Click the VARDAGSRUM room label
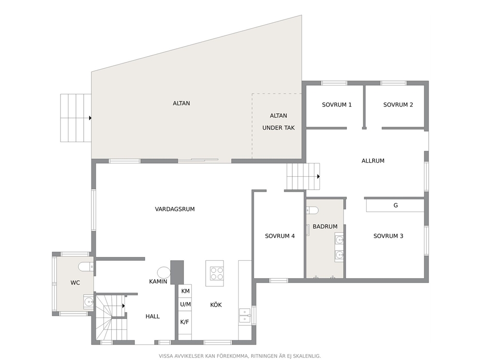(x=175, y=209)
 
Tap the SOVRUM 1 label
(x=337, y=105)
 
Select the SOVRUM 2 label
(x=398, y=105)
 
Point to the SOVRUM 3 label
(x=388, y=236)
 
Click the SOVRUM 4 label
(x=280, y=236)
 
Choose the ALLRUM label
(x=373, y=161)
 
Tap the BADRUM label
(x=325, y=226)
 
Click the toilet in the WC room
(x=86, y=267)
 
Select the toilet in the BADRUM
(x=312, y=210)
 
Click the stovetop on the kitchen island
(x=217, y=273)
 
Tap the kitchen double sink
(x=245, y=315)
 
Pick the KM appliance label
(x=185, y=291)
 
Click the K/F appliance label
(x=184, y=322)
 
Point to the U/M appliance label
(x=185, y=304)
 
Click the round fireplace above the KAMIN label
(x=164, y=272)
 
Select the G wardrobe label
(x=395, y=206)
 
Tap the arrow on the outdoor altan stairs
(x=90, y=118)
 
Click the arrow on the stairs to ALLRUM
(x=318, y=177)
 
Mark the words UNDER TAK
(x=279, y=128)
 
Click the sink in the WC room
(x=89, y=302)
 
